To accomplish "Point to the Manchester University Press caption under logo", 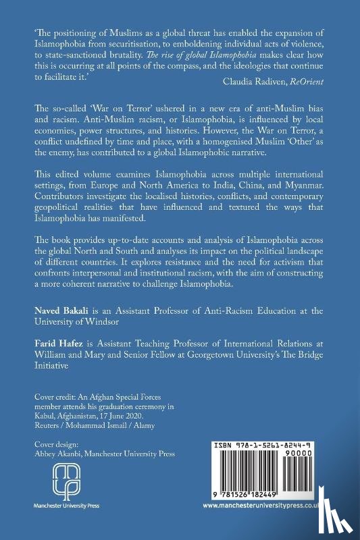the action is (55, 504).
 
